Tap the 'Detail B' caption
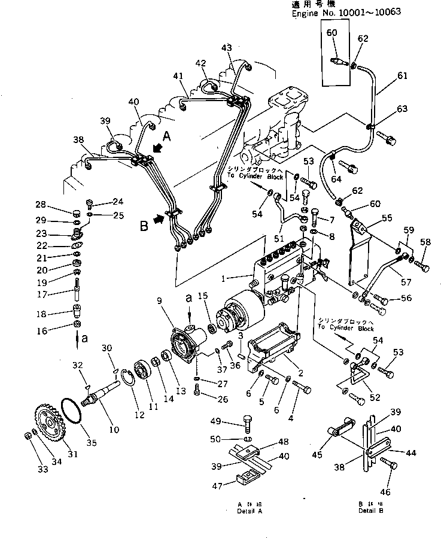pos(372,511)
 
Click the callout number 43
pos(226,48)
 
